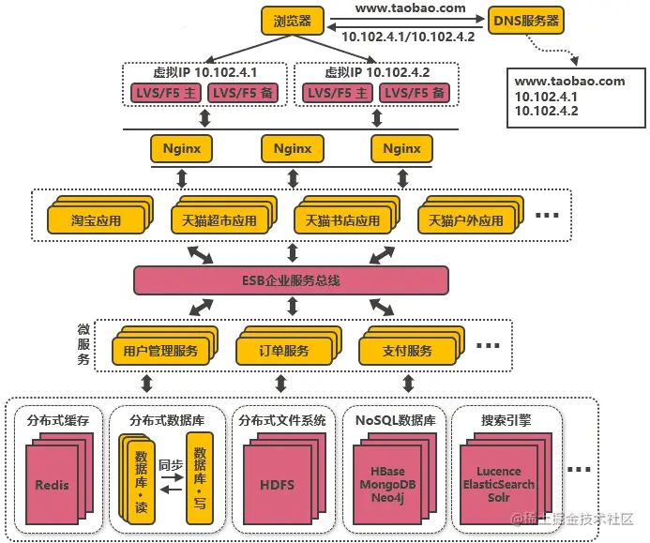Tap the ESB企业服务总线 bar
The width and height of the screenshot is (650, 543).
pos(291,279)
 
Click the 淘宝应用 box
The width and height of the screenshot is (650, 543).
pos(97,221)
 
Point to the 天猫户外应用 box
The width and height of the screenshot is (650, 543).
pos(465,221)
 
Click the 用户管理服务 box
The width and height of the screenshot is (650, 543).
pos(159,351)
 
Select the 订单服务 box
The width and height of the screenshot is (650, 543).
pos(283,351)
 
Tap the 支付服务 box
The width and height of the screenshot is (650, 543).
pos(407,351)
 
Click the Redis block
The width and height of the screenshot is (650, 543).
pos(52,485)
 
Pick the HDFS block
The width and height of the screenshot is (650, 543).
pos(277,485)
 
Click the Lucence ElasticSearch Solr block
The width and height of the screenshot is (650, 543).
pos(498,484)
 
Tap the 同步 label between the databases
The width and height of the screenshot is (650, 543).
pos(170,464)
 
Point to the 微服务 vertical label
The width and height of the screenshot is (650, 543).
pos(83,344)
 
